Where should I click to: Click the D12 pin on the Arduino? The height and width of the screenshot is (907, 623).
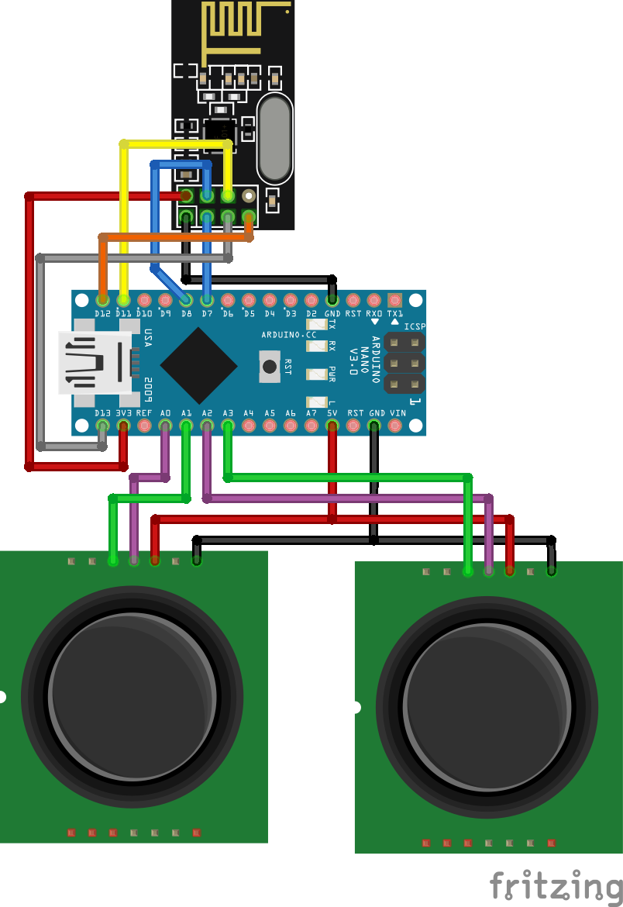(x=102, y=299)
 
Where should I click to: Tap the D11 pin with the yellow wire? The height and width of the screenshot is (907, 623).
(x=123, y=299)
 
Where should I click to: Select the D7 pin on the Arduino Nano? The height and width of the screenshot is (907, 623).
(x=207, y=299)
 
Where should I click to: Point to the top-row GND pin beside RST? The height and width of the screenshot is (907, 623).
(x=332, y=299)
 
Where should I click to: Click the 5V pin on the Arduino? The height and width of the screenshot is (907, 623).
(x=332, y=426)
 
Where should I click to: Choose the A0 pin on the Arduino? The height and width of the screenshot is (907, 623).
(x=165, y=426)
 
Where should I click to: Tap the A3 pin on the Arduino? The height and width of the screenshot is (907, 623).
(x=228, y=426)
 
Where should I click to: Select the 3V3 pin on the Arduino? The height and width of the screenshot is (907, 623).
(x=123, y=426)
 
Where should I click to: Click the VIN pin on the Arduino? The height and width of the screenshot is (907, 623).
(x=395, y=426)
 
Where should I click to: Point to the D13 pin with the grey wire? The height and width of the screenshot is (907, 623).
(x=102, y=426)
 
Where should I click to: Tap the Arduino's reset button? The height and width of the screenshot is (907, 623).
(x=269, y=365)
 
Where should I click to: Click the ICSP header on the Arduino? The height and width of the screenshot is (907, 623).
(x=405, y=363)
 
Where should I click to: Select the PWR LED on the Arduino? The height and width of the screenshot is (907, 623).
(x=317, y=375)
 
